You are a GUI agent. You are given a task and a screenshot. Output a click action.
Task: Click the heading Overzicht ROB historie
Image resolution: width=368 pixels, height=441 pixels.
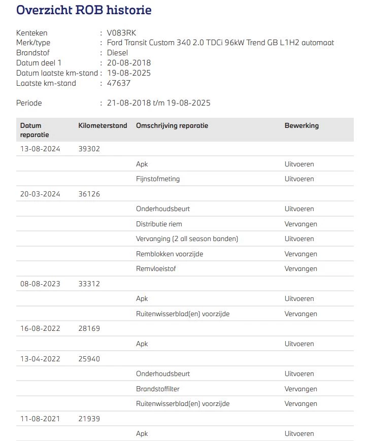[84, 10]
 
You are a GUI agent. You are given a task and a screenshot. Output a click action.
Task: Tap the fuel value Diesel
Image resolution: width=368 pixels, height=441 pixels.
[117, 53]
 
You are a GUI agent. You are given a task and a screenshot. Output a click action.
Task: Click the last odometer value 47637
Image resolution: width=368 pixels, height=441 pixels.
[119, 83]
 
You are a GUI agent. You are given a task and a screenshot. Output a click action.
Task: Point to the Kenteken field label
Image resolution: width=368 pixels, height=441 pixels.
[31, 33]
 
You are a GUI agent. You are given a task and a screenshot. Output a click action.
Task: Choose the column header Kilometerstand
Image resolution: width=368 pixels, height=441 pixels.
[103, 126]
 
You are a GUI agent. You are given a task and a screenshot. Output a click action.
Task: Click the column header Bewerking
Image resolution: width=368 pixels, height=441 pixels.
[302, 126]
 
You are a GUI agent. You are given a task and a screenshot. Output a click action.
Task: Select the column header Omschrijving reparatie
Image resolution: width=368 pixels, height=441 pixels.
[172, 126]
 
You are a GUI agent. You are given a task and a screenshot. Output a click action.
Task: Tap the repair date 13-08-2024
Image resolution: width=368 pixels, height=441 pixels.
[40, 149]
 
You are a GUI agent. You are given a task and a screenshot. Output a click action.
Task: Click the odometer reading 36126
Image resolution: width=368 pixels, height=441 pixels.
[89, 194]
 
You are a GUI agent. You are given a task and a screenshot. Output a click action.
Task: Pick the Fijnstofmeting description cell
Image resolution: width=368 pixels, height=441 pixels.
[158, 179]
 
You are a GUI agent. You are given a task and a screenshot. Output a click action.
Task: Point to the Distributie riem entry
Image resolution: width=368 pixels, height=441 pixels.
[159, 224]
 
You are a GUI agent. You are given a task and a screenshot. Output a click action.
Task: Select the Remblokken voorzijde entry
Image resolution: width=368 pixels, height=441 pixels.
[170, 254]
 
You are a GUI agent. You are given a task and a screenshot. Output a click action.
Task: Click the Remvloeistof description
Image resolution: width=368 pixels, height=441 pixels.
[156, 269]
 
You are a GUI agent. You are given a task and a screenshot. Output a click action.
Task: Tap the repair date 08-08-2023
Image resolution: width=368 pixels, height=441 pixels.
[40, 284]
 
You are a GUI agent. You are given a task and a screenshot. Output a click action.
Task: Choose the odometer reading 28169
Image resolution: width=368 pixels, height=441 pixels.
[89, 328]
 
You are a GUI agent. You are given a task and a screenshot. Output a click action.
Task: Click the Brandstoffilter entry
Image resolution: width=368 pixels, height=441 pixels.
[158, 389]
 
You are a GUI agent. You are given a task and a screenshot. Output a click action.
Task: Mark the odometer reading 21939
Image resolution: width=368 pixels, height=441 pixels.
[89, 419]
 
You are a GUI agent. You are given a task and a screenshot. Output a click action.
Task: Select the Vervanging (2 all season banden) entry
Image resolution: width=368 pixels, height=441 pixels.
[187, 239]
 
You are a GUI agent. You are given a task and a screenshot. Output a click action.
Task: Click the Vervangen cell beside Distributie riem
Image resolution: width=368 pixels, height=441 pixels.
[300, 224]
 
